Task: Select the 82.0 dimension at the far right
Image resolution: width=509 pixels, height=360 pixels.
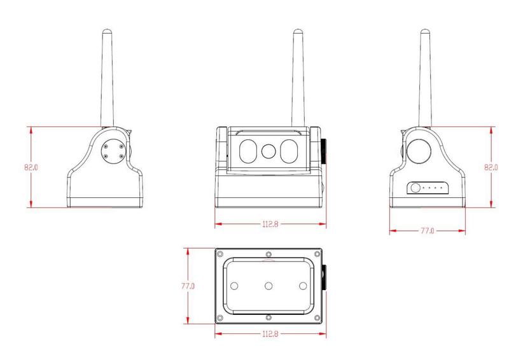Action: point(491,168)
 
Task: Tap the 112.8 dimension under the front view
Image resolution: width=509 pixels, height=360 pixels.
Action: point(270,224)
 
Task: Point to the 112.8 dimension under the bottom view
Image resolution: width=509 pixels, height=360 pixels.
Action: point(270,334)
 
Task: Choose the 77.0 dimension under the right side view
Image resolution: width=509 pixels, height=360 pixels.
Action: point(427,230)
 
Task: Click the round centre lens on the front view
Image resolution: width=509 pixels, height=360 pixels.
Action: point(269,151)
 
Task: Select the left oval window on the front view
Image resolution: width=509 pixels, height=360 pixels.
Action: point(248,151)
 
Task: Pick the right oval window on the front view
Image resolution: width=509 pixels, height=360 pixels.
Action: point(289,151)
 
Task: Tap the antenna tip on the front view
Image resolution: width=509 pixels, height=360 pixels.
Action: point(297,31)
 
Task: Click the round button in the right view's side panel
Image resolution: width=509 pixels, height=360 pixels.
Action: point(415,188)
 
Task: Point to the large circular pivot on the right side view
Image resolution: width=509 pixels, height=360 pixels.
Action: point(420,149)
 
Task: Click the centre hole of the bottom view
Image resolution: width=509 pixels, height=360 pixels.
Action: point(268,286)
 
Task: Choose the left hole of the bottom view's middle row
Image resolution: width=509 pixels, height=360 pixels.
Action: point(234,286)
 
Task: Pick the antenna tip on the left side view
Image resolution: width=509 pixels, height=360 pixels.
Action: point(106,31)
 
